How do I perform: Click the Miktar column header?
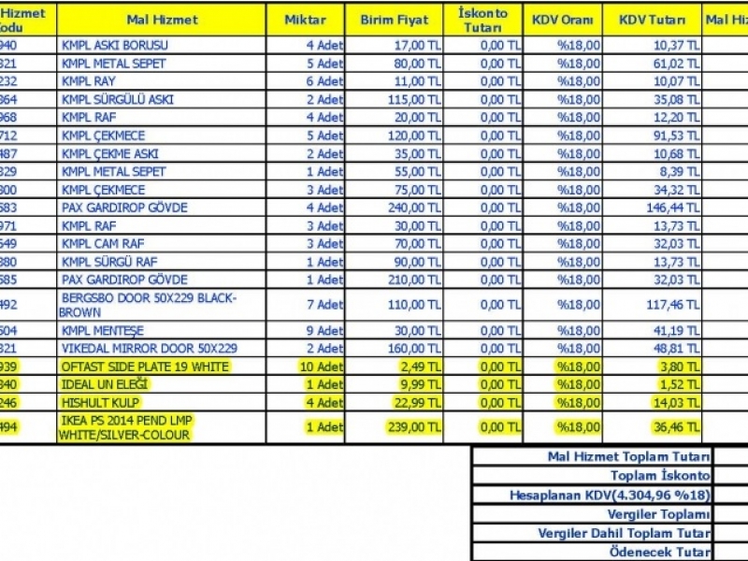point(307,20)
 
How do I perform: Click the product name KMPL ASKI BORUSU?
point(113,45)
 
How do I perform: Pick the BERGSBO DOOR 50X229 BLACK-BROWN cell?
point(150,305)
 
